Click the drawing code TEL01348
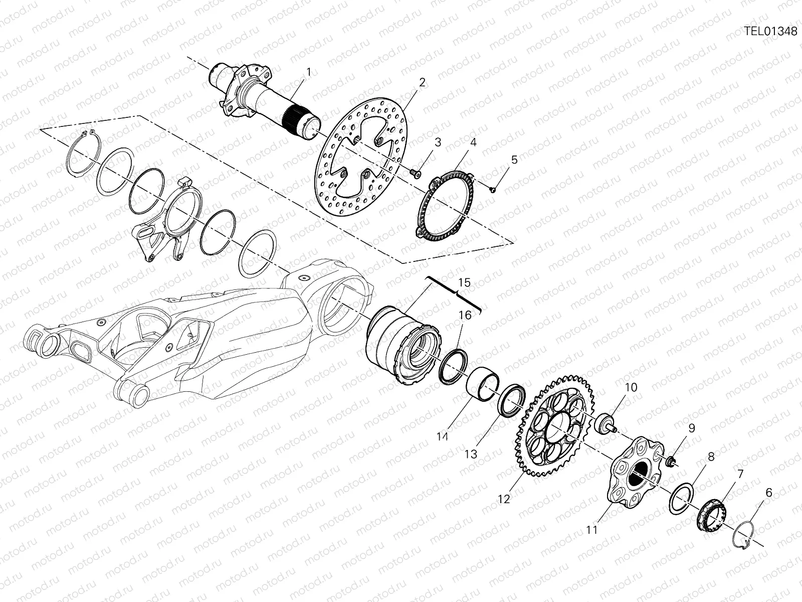tap(770, 31)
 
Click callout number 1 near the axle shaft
tap(309, 72)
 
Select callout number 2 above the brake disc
tap(422, 82)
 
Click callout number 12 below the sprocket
tap(503, 499)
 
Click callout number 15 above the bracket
tap(465, 282)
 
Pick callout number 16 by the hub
tap(465, 315)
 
